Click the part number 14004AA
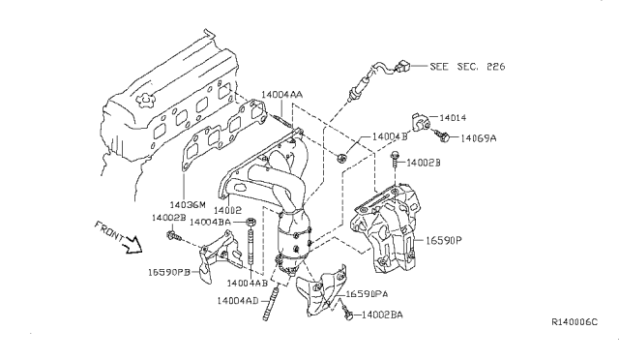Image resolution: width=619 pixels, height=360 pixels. click(281, 95)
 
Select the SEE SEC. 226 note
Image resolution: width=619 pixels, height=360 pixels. click(467, 67)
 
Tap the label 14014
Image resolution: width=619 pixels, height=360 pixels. click(453, 117)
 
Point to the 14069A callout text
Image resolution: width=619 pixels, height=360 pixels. click(479, 138)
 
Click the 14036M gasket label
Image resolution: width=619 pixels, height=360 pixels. click(188, 205)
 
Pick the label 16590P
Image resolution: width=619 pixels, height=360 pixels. click(444, 240)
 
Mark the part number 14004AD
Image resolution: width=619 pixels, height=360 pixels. click(237, 301)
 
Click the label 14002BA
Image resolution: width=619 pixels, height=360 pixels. click(382, 315)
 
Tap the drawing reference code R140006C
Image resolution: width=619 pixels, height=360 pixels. click(575, 322)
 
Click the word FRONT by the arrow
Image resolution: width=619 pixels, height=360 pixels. click(108, 231)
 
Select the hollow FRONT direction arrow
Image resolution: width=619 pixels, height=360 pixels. click(133, 245)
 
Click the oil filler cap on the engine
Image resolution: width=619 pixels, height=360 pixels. click(144, 101)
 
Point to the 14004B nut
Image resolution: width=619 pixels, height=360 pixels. click(341, 158)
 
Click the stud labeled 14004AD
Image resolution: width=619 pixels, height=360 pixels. click(271, 303)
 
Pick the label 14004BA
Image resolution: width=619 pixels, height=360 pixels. click(210, 222)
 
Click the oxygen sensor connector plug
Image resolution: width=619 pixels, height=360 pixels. click(402, 67)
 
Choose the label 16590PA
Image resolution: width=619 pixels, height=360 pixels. click(367, 294)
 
